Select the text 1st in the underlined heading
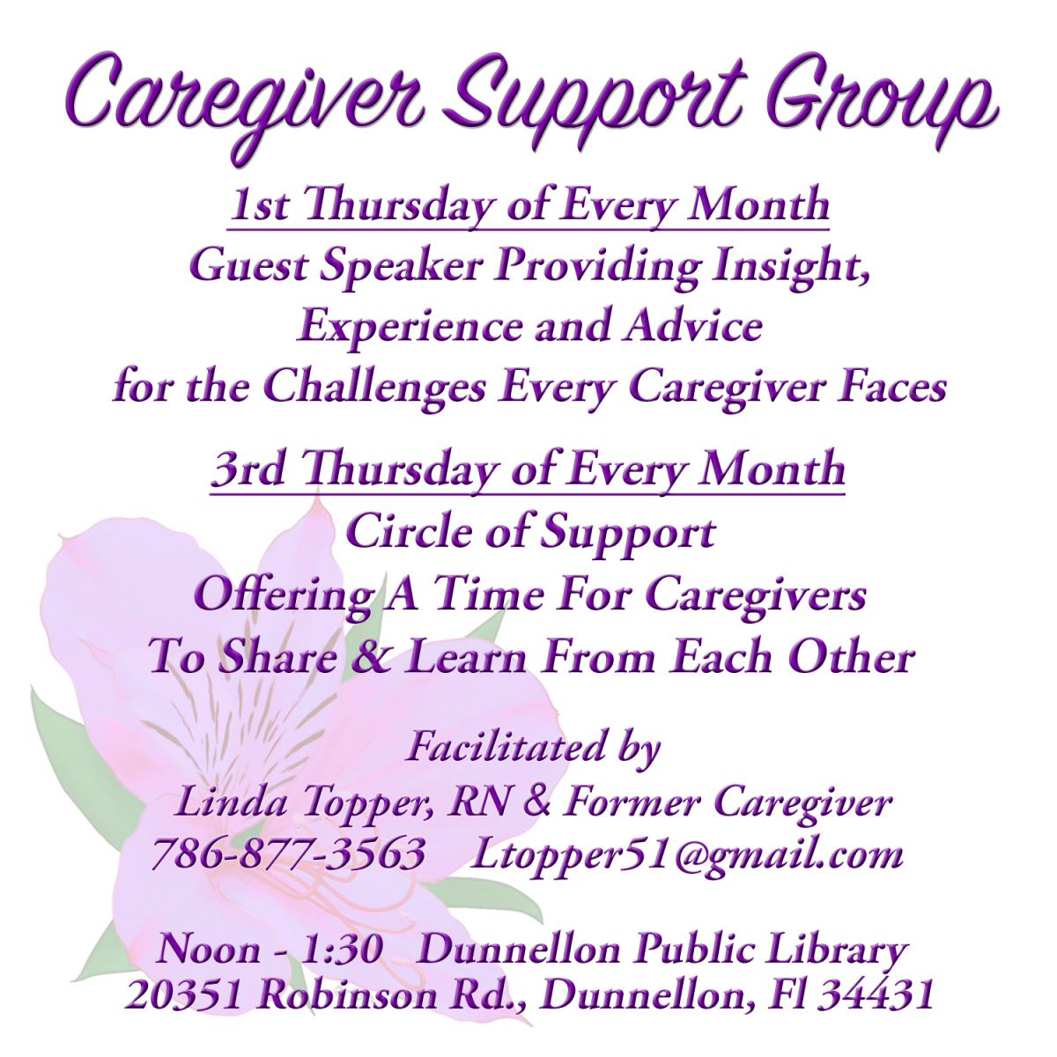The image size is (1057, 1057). pos(258,205)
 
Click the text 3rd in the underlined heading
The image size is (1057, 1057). pos(248,469)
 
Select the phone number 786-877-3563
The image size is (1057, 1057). pos(288,854)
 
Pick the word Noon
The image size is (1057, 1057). pos(208,950)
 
